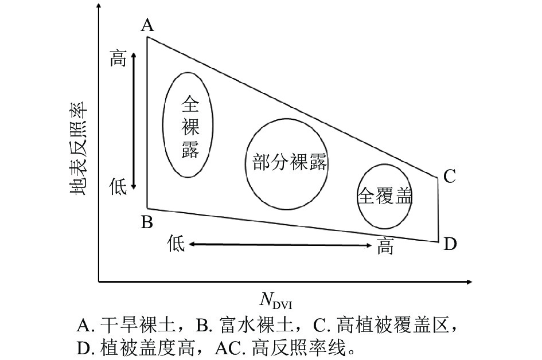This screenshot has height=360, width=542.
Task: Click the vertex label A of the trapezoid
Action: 147,25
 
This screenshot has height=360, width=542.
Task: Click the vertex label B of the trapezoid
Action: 147,222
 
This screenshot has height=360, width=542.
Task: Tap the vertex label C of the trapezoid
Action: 449,176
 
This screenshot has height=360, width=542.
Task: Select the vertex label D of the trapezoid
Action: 450,244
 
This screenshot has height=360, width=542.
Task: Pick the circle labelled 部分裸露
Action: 290,163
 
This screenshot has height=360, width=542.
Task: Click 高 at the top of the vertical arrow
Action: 118,59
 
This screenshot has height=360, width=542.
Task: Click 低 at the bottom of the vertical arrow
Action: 118,186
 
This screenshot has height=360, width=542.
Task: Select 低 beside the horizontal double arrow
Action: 176,244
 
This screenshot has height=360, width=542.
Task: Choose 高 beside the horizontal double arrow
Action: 386,246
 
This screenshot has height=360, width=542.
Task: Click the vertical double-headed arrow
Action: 134,120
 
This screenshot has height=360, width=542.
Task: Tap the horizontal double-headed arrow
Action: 281,245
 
